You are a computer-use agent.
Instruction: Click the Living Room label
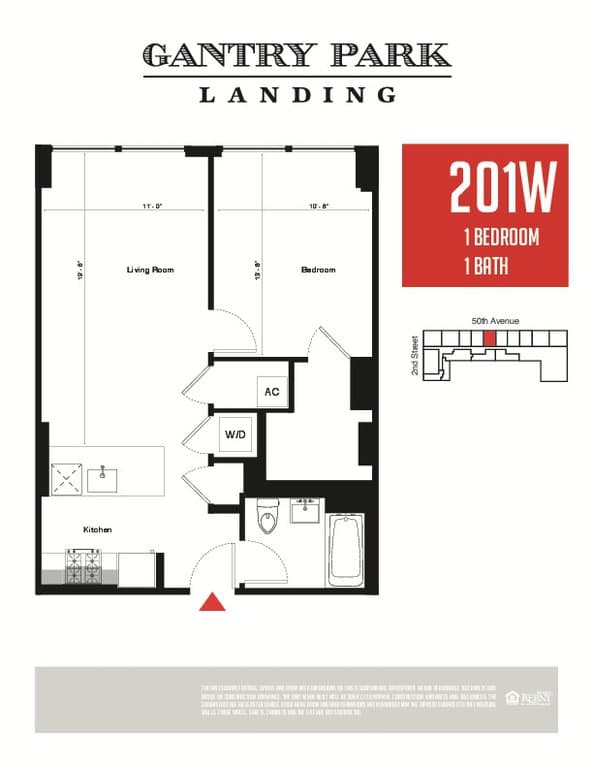[x=151, y=270]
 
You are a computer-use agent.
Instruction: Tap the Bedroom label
[x=318, y=270]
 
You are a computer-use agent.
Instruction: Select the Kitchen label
[x=97, y=529]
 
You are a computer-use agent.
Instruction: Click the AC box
[x=271, y=392]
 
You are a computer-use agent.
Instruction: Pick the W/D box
[x=235, y=435]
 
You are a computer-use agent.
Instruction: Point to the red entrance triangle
[x=211, y=601]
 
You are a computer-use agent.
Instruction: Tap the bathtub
[x=347, y=549]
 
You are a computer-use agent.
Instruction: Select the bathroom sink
[x=305, y=510]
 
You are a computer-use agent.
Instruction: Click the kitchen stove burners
[x=80, y=568]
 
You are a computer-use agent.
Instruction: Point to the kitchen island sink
[x=103, y=480]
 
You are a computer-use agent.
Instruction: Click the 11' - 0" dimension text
[x=152, y=206]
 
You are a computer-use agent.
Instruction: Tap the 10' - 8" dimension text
[x=320, y=206]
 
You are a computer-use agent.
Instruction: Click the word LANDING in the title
[x=297, y=95]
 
